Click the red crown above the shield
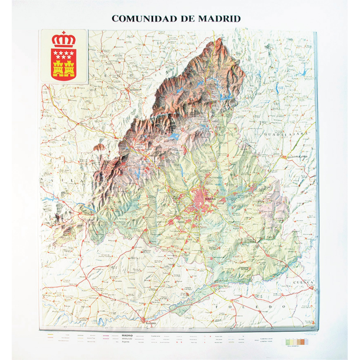click(x=63, y=41)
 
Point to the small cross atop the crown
click(x=63, y=33)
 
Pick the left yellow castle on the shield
click(x=58, y=69)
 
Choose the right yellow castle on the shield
click(x=69, y=69)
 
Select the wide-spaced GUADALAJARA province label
click(x=288, y=134)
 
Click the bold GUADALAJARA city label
click(x=297, y=156)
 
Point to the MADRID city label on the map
click(x=210, y=198)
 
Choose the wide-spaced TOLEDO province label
click(x=252, y=306)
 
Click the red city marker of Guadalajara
click(x=288, y=157)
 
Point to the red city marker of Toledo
click(x=145, y=320)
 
